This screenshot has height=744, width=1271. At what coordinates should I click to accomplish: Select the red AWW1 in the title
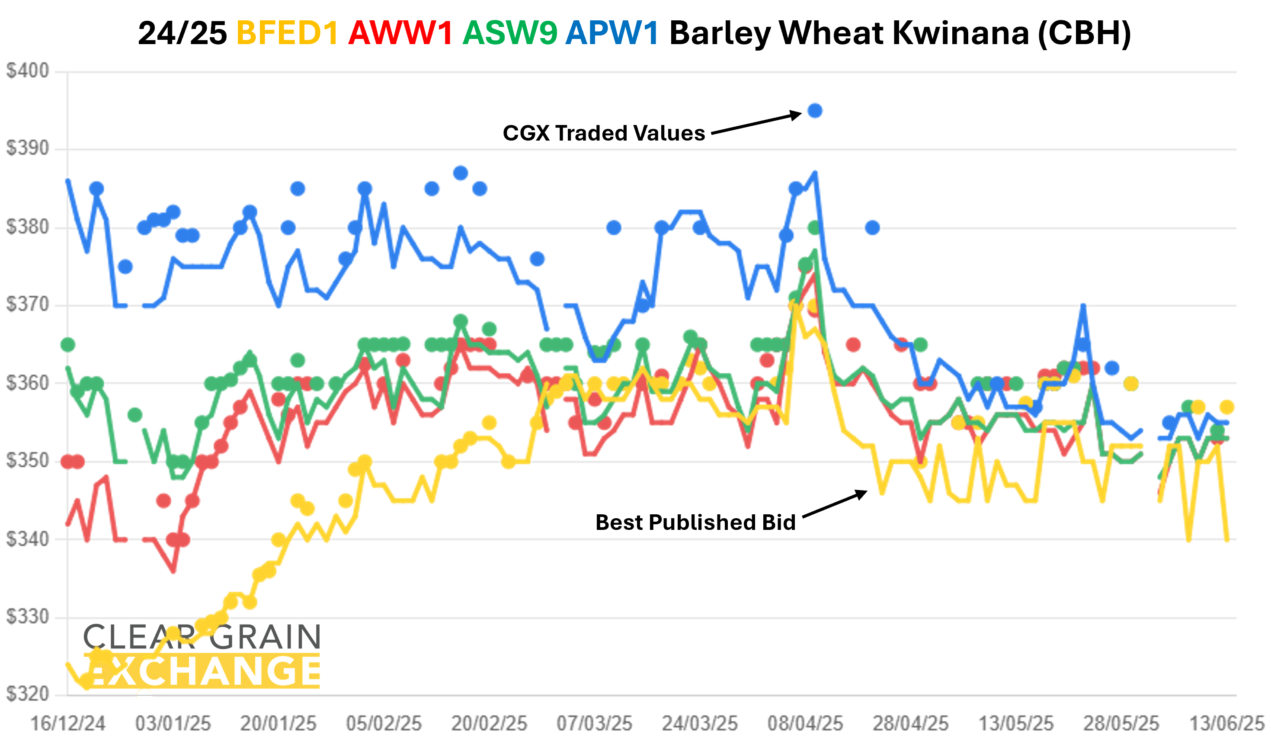coord(400,33)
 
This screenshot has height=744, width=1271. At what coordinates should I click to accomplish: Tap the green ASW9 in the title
coord(510,33)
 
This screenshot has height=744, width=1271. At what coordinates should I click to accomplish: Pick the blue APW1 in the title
coord(612,33)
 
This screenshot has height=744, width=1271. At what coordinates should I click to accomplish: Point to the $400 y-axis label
coord(28,71)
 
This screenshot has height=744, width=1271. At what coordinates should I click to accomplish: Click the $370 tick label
coord(28,305)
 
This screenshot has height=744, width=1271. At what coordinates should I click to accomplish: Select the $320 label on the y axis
coord(28,694)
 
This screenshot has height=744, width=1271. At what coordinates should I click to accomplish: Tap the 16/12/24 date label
coord(68,724)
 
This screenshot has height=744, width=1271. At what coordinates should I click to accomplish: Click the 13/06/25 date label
coord(1226,724)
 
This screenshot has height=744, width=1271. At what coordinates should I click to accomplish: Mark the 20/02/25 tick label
coord(489,724)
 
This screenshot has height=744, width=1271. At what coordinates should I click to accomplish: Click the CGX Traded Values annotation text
coord(604,133)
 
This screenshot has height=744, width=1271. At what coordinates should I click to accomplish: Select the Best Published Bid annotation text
coord(695,522)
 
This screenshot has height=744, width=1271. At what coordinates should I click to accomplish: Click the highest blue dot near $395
coord(815,110)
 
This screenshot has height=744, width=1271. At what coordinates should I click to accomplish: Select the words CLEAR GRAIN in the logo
coord(202,637)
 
